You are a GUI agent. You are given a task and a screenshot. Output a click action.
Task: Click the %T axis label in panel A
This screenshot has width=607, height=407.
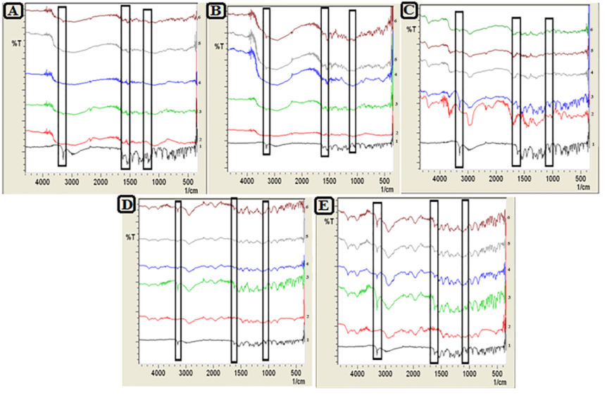tap(18, 44)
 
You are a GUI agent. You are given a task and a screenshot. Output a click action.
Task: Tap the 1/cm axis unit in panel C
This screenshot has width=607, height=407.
tap(582, 186)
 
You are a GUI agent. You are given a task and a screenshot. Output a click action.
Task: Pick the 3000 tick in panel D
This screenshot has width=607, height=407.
tap(185, 375)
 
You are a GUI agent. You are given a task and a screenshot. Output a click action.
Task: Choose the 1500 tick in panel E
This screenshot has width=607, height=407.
tap(440, 376)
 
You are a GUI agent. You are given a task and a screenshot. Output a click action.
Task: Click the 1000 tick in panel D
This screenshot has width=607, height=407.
tap(268, 375)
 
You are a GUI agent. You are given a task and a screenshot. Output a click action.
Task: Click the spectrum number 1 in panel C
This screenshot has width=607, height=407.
tap(592, 144)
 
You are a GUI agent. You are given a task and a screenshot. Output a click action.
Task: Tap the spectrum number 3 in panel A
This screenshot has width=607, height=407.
tap(201, 112)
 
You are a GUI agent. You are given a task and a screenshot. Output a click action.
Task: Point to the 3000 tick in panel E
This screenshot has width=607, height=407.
tap(384, 376)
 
